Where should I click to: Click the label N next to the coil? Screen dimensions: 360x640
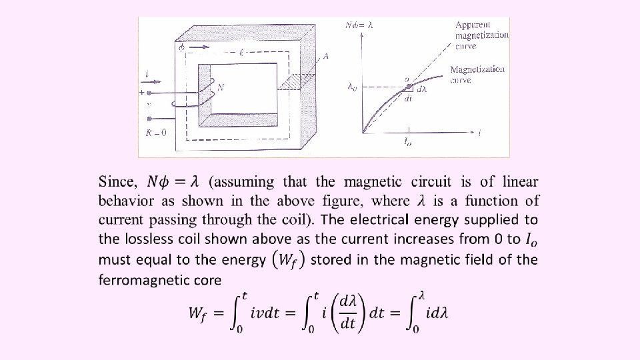(221, 87)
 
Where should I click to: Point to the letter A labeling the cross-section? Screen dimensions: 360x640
(325, 57)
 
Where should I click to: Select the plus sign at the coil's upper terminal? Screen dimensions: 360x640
(141, 91)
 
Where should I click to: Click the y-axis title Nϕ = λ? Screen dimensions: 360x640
(359, 25)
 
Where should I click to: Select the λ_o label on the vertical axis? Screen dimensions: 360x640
(352, 85)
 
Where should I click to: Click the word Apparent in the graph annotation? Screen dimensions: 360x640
(474, 25)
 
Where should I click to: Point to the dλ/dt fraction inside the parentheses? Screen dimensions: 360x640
(348, 313)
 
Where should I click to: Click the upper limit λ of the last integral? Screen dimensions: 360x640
(421, 293)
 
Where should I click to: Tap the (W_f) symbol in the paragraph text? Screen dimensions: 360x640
(288, 259)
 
